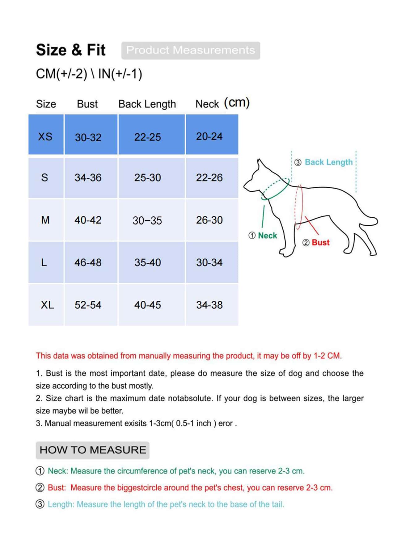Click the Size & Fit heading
[x=71, y=50]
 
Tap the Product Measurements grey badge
[x=191, y=50]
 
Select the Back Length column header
[x=147, y=104]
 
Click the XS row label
[x=45, y=136]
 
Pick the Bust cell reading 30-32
[x=88, y=137]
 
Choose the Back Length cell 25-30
[x=147, y=178]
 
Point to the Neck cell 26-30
[x=209, y=220]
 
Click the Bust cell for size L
[x=88, y=263]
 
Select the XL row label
[x=47, y=305]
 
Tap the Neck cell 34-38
[x=209, y=305]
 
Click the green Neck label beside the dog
[x=267, y=236]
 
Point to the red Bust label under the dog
[x=320, y=243]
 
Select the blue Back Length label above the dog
[x=328, y=162]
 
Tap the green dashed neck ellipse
[x=275, y=189]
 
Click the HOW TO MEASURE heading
[x=93, y=450]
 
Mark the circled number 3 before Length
[x=40, y=504]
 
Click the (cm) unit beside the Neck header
[x=237, y=102]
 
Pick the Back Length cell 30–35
[x=147, y=220]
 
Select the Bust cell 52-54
[x=88, y=305]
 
